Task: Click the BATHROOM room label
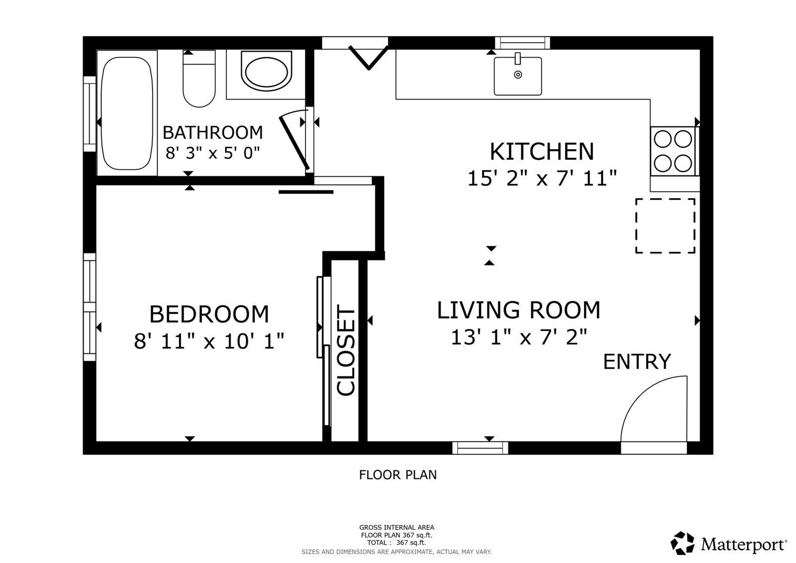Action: [212, 132]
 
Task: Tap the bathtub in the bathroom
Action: [127, 113]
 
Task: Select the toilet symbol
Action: [199, 79]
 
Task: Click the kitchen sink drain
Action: [518, 75]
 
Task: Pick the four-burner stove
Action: [674, 151]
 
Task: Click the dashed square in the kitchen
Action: [665, 226]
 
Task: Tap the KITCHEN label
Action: [542, 152]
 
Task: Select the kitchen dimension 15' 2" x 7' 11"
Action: [542, 178]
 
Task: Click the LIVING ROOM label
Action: [518, 310]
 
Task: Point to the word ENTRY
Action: [637, 362]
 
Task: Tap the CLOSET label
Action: [346, 350]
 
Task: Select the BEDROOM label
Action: [209, 315]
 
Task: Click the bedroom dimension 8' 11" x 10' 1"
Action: [209, 341]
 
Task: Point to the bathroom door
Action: [294, 143]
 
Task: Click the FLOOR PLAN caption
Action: [398, 475]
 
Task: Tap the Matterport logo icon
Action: [682, 543]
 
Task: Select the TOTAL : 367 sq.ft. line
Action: [397, 543]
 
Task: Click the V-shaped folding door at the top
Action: [369, 57]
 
